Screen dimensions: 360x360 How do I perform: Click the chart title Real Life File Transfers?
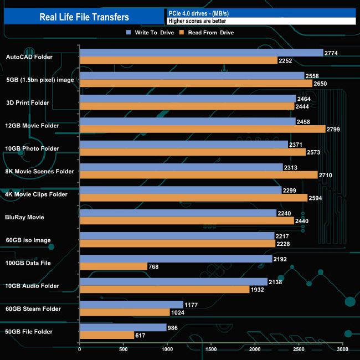coord(84,17)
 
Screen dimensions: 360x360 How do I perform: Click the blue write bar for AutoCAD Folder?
coord(201,53)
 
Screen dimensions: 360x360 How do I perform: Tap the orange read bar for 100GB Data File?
coord(114,266)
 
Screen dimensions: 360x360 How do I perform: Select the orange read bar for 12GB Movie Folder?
coord(202,129)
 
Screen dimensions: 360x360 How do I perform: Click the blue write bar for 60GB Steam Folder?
coord(131,305)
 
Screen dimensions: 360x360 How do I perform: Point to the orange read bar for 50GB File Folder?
coord(107,335)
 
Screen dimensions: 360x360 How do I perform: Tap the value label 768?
coord(155,266)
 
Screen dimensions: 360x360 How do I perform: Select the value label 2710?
coord(326,175)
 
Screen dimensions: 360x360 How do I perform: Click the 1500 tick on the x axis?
coord(211,350)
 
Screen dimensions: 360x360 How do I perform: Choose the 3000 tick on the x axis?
coord(342,350)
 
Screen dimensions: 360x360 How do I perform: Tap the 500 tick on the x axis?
coord(124,350)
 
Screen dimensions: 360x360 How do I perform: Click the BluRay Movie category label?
coord(24,217)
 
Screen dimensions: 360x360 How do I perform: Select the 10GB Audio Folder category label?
coord(32,286)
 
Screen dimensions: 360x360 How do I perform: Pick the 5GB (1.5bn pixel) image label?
coord(40,80)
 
